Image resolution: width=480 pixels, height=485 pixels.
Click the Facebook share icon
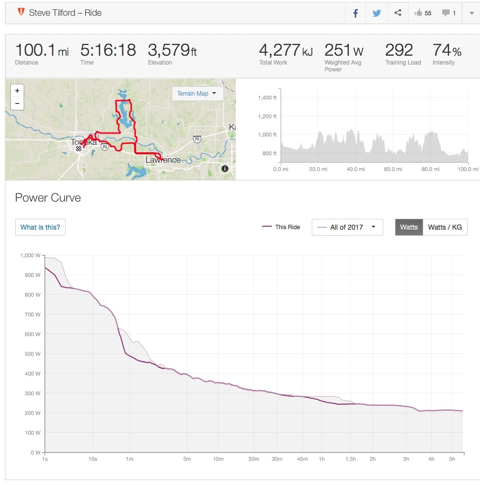point(355,13)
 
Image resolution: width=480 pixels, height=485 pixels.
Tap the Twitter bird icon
point(377,13)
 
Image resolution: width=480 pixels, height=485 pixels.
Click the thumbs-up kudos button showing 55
point(423,13)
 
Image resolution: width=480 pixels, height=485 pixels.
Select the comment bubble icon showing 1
point(448,13)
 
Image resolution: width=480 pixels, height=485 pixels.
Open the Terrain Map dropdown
point(197,94)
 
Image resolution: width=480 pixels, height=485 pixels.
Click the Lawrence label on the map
point(163,160)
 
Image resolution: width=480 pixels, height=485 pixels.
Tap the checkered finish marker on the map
point(78,148)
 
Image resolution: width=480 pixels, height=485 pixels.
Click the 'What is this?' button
point(40,227)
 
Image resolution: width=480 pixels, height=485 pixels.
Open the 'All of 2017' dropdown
point(347,227)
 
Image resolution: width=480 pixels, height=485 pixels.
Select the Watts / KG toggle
point(444,227)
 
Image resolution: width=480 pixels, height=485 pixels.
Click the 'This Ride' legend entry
point(281,227)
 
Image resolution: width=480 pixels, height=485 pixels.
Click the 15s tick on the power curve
point(93,459)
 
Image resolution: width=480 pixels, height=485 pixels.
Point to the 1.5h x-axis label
point(350,459)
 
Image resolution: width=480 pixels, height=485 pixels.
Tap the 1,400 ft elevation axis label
point(267,98)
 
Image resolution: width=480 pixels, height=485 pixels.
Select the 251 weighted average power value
point(338,50)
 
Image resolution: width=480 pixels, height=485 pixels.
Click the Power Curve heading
point(48,198)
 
